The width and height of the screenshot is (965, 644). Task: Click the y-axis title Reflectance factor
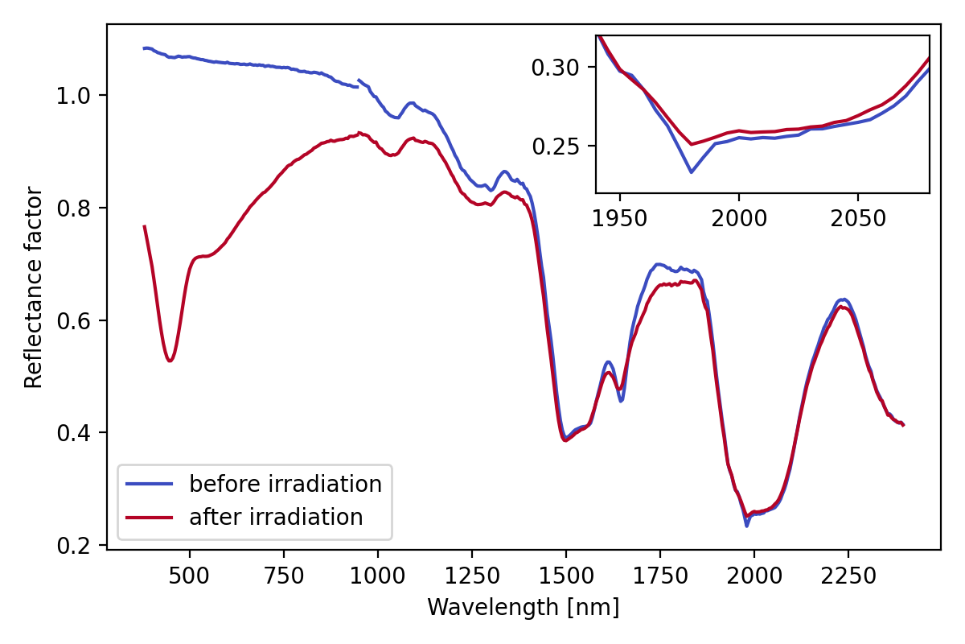coord(33,287)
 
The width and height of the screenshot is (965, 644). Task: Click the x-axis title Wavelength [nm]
coord(523,607)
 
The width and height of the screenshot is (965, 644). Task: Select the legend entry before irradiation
coord(285,484)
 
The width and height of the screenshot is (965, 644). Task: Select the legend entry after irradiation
coord(276,517)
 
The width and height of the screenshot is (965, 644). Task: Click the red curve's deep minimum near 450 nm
coord(170,361)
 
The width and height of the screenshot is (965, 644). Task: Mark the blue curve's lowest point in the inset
coord(691,172)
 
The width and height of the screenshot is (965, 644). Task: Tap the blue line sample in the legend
coord(150,484)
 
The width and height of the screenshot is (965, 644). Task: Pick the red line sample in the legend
coord(150,517)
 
